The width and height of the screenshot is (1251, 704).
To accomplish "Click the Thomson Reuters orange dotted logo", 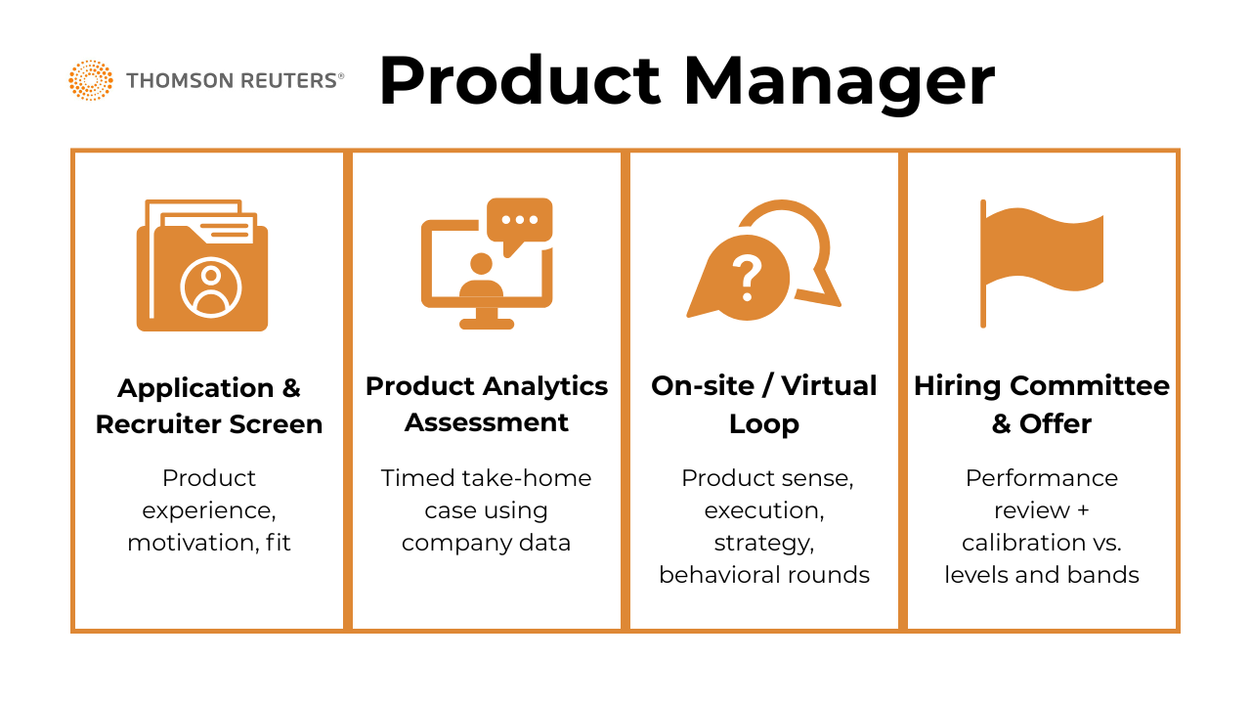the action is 91,80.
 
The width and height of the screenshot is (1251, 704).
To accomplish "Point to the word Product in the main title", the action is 520,80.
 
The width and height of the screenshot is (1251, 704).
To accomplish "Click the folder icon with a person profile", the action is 202,265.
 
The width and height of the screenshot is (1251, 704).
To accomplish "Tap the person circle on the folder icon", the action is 210,287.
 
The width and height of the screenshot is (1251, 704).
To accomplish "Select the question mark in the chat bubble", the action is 748,279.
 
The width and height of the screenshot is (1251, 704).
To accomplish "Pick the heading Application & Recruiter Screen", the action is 209,406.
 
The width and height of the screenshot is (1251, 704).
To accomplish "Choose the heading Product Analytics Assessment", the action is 487,404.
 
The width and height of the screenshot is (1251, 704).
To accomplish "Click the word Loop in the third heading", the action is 764,424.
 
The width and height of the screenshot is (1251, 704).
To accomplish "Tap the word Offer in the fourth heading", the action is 1056,424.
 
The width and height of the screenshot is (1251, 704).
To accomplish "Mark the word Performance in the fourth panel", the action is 1042,478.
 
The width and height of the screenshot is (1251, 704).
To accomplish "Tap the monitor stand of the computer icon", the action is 487,319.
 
